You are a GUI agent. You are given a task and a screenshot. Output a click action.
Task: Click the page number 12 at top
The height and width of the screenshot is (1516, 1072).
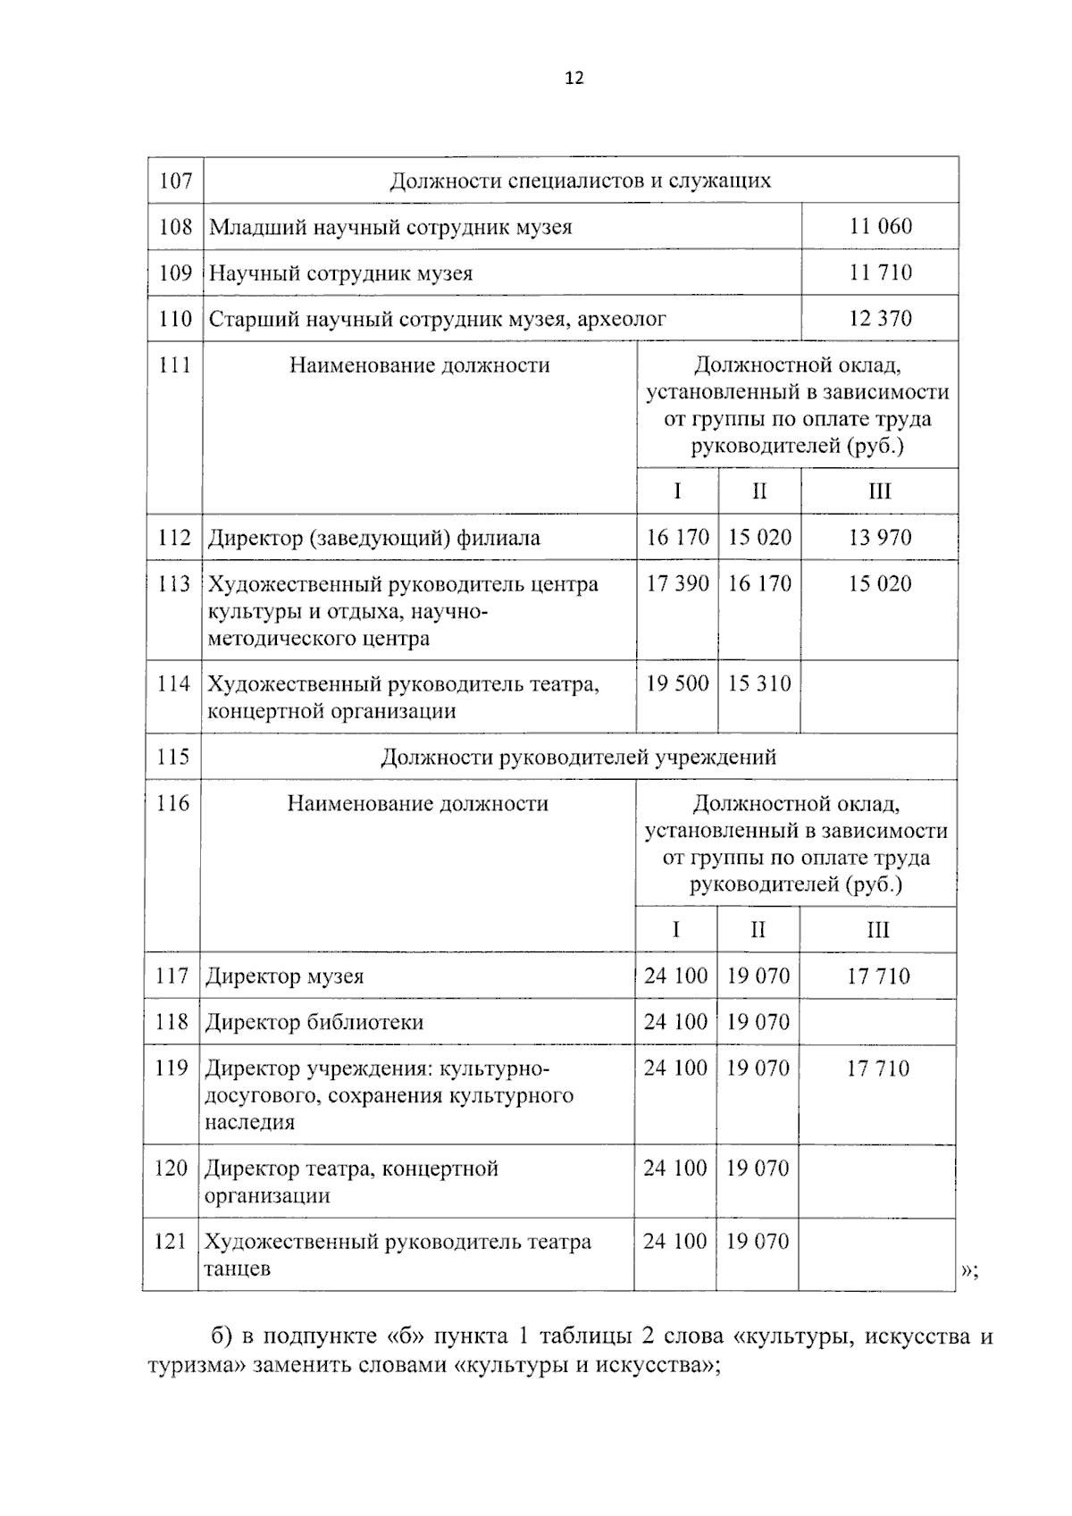[x=574, y=79]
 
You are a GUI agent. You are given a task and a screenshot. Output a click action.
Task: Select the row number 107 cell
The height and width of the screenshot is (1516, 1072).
[x=175, y=181]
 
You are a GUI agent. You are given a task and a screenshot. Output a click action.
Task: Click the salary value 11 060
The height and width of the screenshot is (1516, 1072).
[x=880, y=227]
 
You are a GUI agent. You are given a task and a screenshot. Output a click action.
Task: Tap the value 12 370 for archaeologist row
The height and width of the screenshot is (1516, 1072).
[x=880, y=319]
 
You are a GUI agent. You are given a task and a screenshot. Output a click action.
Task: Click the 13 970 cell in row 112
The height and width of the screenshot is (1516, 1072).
[x=880, y=538]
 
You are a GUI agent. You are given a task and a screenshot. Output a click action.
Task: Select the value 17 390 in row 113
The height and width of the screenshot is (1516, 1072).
[x=677, y=584]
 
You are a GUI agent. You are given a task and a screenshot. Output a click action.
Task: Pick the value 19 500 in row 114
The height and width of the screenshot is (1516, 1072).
[x=677, y=684]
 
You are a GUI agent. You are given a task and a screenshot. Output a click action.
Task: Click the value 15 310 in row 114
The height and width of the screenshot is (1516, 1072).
[x=759, y=684]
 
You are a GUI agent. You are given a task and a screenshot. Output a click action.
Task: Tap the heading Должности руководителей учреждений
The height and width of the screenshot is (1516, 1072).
[x=579, y=758]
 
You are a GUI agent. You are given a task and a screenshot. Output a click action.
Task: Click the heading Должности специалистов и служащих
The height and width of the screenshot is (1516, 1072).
[x=581, y=181]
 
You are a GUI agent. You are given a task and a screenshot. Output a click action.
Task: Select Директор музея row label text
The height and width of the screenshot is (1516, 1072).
[x=285, y=976]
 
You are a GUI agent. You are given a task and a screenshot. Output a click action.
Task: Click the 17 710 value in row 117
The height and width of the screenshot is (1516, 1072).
[x=878, y=976]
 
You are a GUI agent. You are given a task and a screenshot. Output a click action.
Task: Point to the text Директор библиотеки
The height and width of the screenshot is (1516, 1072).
[x=314, y=1023]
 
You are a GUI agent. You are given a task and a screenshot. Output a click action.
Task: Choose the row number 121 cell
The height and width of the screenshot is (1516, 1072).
[x=171, y=1242]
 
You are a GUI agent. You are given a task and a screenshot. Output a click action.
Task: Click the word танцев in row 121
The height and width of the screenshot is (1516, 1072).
[x=238, y=1269]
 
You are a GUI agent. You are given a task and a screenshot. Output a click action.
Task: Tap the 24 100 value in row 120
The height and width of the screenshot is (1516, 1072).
[x=675, y=1168]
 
